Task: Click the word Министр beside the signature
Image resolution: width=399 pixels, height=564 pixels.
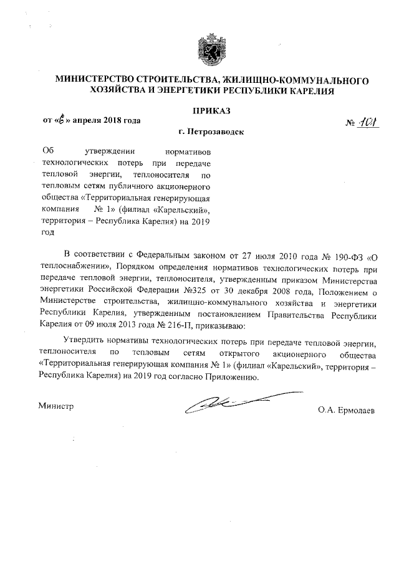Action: (x=55, y=406)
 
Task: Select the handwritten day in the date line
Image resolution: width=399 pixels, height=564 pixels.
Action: (x=57, y=120)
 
